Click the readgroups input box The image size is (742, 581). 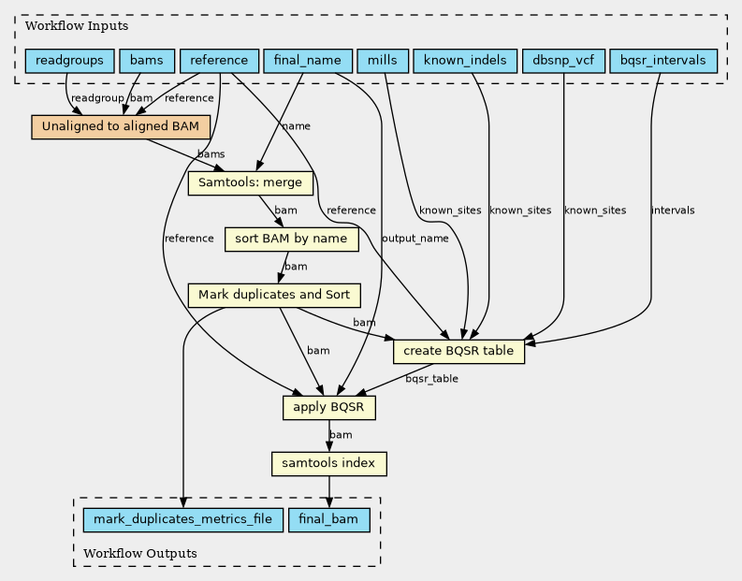point(69,62)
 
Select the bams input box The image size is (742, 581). point(146,62)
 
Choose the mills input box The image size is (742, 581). point(381,62)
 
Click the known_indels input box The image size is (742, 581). point(465,62)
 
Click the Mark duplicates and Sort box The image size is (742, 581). point(274,296)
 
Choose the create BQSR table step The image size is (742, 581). point(458,352)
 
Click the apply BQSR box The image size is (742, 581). point(329,408)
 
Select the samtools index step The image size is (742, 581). point(328,463)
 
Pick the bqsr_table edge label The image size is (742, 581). point(431,380)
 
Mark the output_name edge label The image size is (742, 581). point(415,239)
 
